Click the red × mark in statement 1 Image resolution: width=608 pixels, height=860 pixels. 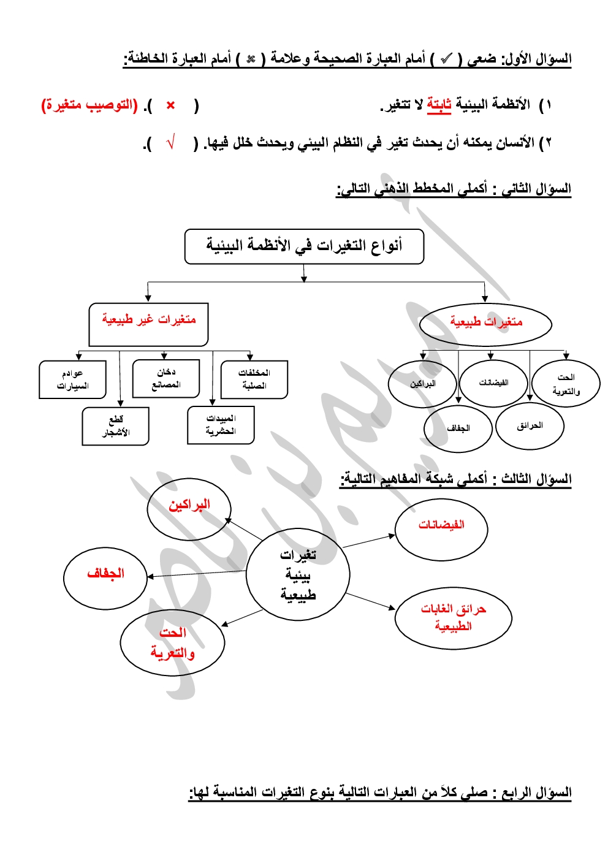point(170,105)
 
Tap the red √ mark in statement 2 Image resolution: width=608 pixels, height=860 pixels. point(171,143)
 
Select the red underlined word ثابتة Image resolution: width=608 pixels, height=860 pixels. point(439,105)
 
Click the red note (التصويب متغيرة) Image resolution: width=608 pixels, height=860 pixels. point(89,105)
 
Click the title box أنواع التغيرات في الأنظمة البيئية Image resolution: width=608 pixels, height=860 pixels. point(304,246)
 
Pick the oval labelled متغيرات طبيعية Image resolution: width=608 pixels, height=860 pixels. point(485,322)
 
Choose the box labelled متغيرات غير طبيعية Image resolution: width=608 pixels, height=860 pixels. point(149,324)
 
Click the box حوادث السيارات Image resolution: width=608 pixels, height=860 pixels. point(73,379)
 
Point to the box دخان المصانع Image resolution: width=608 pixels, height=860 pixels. point(166,378)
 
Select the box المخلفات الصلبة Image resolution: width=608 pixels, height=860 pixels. point(254,379)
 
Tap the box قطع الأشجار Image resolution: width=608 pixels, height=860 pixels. point(116,426)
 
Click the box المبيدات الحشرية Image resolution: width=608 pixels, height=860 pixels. point(221,425)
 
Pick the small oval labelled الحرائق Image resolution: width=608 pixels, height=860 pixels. point(530,426)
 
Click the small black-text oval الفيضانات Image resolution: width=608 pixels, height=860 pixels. point(493,384)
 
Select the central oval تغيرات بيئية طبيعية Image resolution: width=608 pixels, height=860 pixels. point(298,574)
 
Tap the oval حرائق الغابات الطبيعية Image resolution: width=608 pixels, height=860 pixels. point(453,617)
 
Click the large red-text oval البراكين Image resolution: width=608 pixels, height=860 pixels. point(189,508)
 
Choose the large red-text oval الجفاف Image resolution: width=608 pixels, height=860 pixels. point(105,577)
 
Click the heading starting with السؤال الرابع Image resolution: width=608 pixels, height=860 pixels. point(380,793)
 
